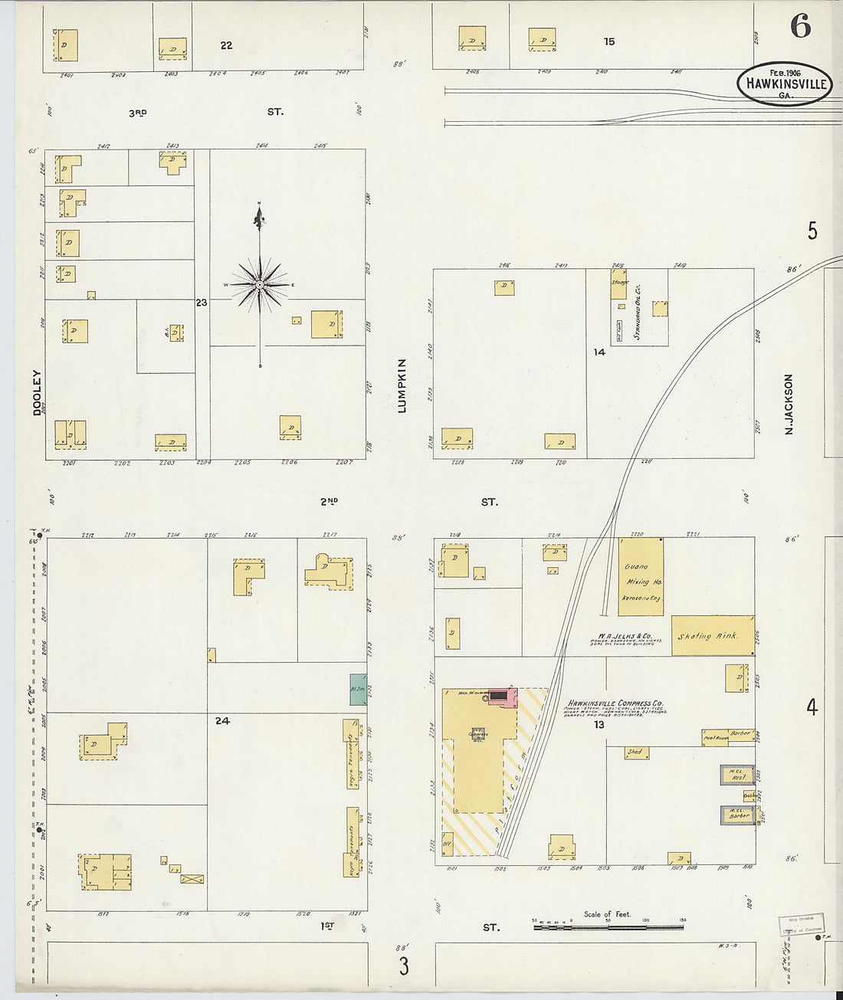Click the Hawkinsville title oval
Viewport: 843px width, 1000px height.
pos(785,84)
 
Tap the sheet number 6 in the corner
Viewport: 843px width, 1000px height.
pos(800,27)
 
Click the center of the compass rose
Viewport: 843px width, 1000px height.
pos(260,285)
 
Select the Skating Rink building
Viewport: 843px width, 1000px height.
pos(712,635)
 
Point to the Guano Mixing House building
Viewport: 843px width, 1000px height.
pos(641,577)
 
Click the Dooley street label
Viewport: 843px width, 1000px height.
pos(37,393)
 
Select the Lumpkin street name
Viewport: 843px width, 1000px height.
pos(402,385)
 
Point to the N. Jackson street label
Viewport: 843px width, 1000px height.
pos(789,405)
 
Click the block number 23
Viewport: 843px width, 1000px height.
pos(201,303)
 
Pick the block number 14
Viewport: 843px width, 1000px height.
pos(599,352)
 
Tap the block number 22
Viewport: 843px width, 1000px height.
pos(226,46)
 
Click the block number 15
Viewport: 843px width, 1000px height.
pos(608,42)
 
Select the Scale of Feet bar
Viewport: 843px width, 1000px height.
pos(608,926)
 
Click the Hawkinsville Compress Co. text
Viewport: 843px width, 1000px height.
pos(615,703)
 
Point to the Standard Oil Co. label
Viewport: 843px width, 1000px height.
pos(638,313)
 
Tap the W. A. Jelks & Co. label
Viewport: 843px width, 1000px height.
pos(625,636)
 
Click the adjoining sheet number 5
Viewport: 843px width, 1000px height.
pos(812,231)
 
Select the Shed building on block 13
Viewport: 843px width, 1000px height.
pos(636,752)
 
